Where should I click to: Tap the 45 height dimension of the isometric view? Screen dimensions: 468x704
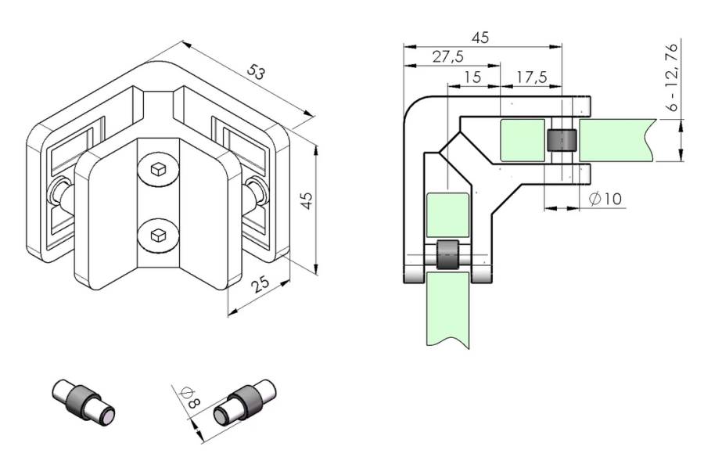[x=307, y=201]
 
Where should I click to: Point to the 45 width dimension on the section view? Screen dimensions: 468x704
[x=481, y=37]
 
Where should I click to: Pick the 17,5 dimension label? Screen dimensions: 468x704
[x=531, y=78]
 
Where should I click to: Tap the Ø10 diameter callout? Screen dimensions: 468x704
[x=605, y=199]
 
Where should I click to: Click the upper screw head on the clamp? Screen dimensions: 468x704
[x=157, y=168]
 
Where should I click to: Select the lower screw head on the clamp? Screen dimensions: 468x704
[x=157, y=233]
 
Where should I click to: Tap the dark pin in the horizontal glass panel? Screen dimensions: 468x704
[x=562, y=140]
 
